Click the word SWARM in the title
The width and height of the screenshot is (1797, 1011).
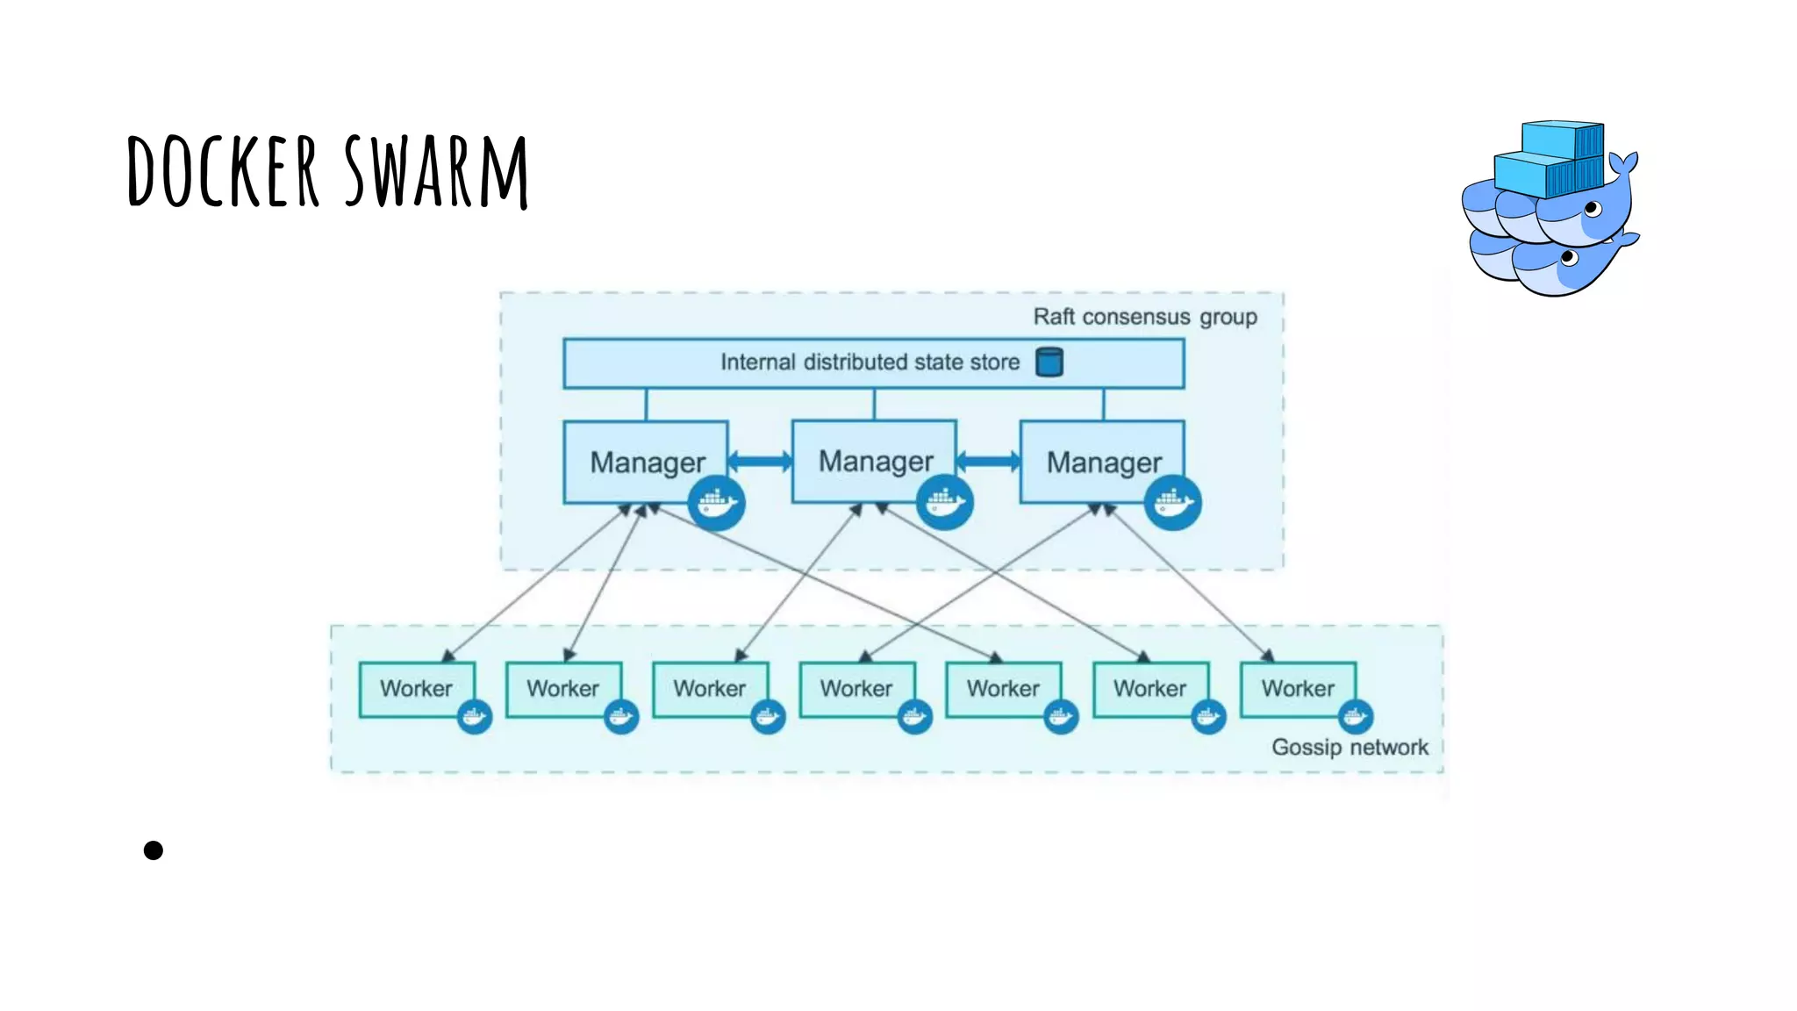coord(436,171)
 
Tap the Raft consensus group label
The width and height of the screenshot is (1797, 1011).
coord(1144,317)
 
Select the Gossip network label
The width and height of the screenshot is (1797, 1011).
coord(1349,747)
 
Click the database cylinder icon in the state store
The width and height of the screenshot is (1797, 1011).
coord(1049,362)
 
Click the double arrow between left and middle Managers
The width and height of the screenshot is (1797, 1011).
coord(760,461)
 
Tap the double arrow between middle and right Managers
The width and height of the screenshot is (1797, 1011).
coord(988,461)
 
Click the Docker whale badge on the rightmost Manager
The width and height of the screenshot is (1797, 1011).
coord(1173,503)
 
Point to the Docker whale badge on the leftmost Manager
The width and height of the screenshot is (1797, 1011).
coord(716,503)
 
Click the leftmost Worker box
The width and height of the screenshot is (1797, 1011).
coord(416,689)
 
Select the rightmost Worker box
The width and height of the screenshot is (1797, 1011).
coord(1297,689)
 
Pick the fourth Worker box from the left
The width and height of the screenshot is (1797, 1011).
coord(856,689)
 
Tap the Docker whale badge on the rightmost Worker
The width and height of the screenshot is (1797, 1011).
coord(1355,717)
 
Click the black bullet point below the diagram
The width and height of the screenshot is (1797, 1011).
coord(154,850)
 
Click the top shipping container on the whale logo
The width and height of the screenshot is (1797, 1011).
coord(1562,140)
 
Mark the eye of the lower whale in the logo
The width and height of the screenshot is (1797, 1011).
coord(1570,256)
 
